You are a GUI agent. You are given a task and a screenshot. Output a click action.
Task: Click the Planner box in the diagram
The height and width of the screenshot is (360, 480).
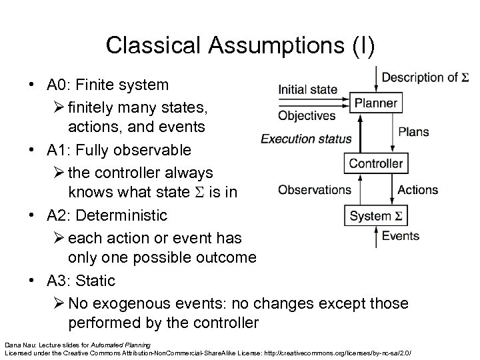coord(376,103)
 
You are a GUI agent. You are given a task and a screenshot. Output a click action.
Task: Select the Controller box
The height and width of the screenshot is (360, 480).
coord(376,163)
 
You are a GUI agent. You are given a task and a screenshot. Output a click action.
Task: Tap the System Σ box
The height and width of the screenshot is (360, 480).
coord(376,216)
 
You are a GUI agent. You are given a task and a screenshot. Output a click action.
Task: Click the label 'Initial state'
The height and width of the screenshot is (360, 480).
coord(307,90)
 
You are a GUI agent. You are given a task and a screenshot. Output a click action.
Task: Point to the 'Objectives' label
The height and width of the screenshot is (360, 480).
coord(307,116)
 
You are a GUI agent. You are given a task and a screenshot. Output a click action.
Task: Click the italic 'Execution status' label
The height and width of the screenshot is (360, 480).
coord(306,139)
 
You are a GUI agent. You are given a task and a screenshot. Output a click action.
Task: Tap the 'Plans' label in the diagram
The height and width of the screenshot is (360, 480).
coord(413,132)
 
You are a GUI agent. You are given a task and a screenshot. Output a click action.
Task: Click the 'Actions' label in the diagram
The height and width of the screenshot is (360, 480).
coord(419,190)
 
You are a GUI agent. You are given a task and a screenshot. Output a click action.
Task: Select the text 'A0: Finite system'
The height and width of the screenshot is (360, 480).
coord(107,85)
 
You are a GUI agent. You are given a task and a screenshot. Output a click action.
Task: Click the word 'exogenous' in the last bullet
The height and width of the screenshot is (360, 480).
coord(125,303)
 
